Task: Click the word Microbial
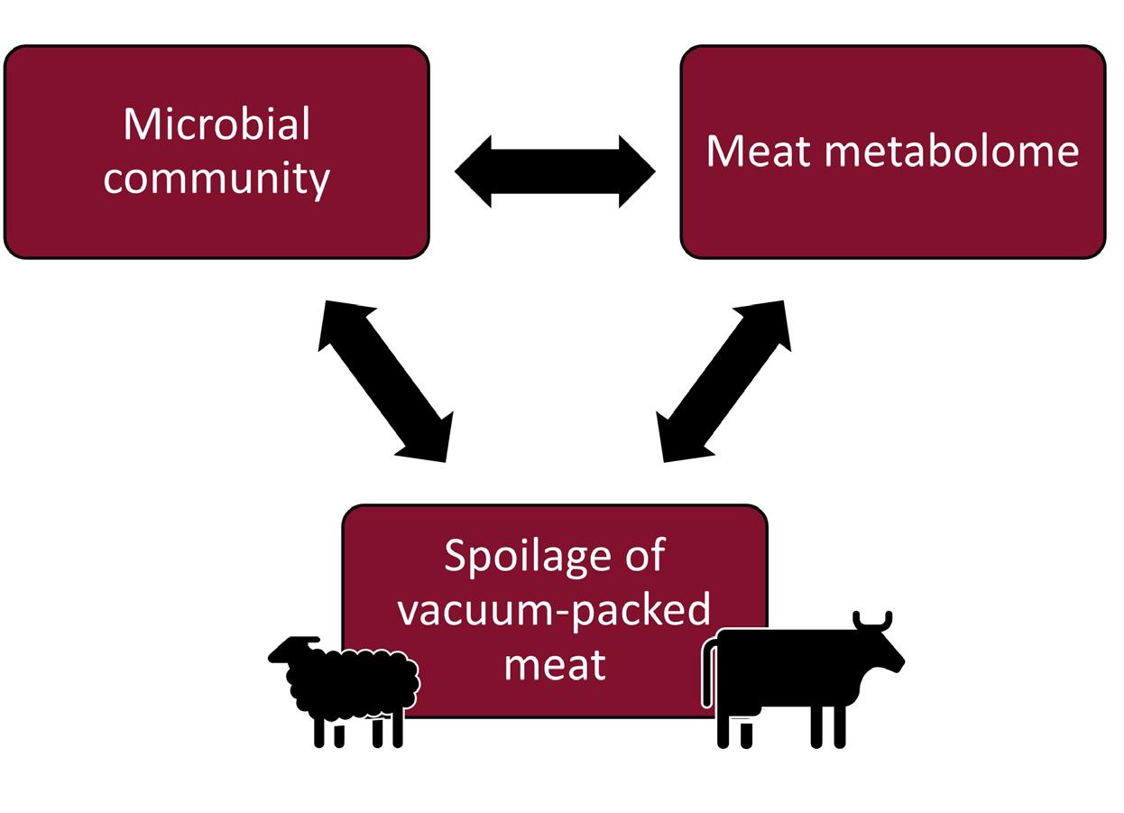tap(217, 125)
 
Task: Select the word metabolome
tap(952, 152)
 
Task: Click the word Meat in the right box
tap(758, 152)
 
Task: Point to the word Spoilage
tap(514, 558)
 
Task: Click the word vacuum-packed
tap(554, 610)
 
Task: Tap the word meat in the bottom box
tap(554, 665)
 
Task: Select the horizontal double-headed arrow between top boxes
tap(555, 171)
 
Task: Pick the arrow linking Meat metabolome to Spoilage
tap(725, 381)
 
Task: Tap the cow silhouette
tap(794, 672)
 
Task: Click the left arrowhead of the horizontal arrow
tap(473, 171)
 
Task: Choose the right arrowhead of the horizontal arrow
tap(637, 171)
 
